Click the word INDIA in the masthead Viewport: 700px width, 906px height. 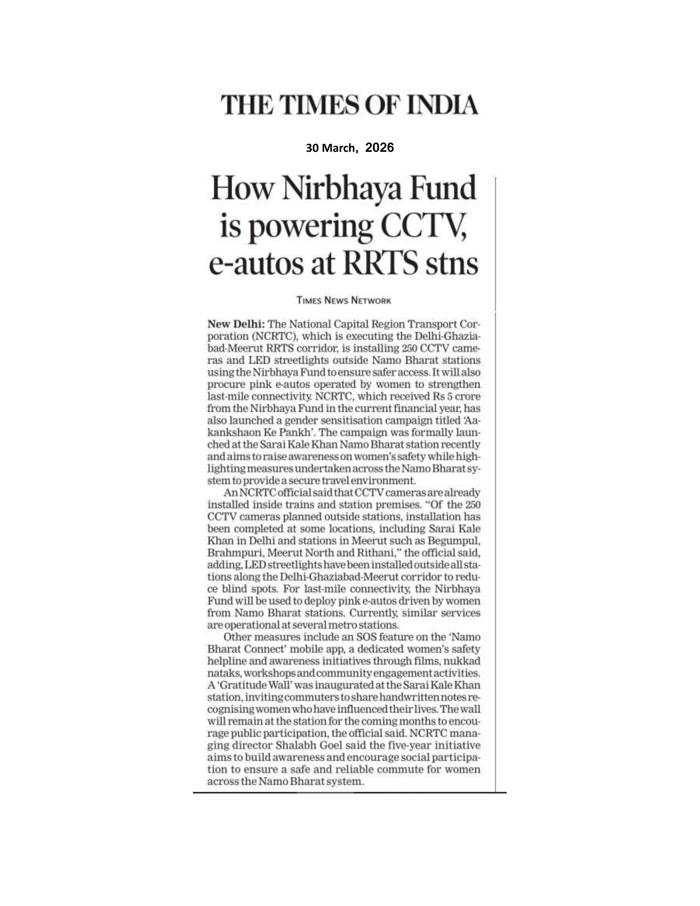[x=443, y=105]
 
